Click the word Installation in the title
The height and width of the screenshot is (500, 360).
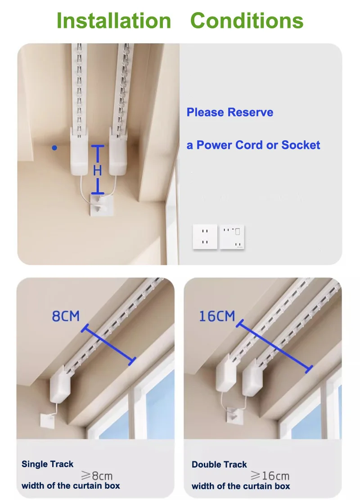point(114,21)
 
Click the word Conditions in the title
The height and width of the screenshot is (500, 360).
point(247,21)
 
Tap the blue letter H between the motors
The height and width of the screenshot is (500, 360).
point(98,170)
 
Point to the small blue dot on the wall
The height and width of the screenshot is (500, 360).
point(54,147)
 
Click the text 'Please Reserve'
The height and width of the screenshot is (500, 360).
point(230,112)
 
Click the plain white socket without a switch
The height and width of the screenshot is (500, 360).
point(205,237)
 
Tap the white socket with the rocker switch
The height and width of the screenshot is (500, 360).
point(232,237)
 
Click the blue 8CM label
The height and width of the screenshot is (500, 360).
point(66,316)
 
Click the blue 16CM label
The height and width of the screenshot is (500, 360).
point(217,316)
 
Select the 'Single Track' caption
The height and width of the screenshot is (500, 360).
point(47,464)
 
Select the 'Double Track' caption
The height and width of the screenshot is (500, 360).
point(219,464)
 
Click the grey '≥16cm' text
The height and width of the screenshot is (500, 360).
point(270,475)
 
